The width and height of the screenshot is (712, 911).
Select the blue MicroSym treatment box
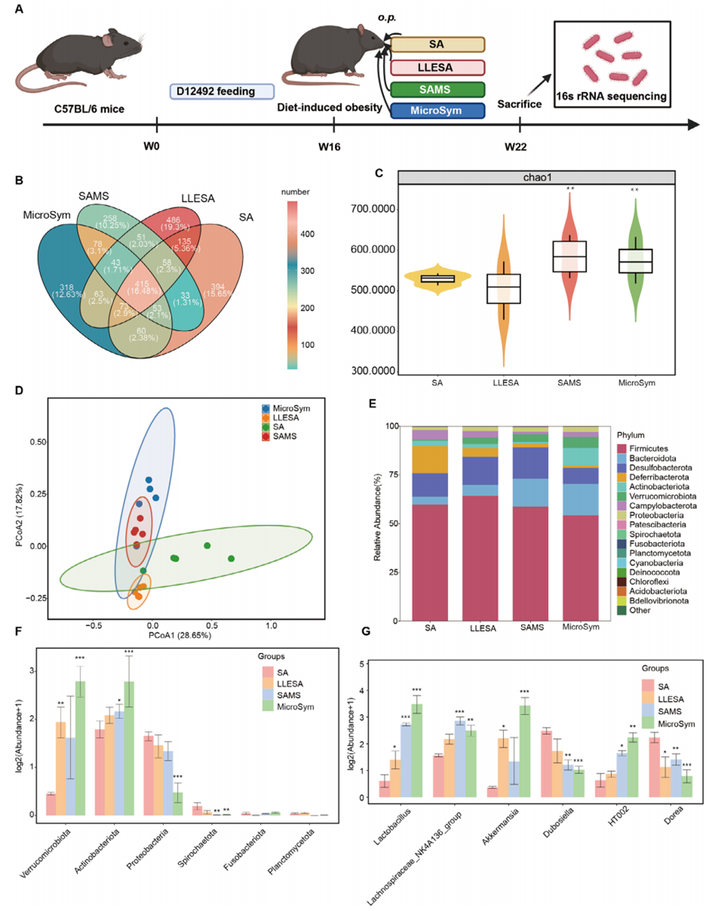click(x=438, y=111)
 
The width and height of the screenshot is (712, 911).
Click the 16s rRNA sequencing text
click(x=608, y=96)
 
